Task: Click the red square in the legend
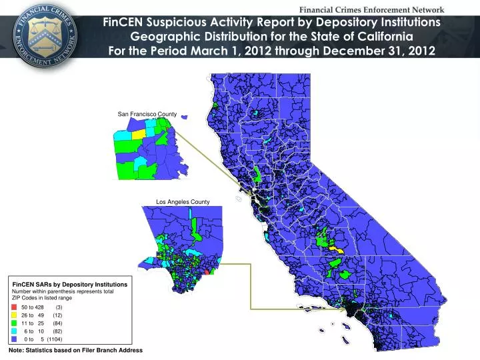[15, 307]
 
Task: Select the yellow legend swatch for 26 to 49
[15, 315]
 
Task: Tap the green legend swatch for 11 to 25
[15, 323]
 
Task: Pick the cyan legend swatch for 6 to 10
[15, 331]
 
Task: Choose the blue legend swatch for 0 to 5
[15, 339]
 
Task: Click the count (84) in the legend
[57, 323]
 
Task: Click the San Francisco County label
[147, 115]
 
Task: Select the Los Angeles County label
[183, 202]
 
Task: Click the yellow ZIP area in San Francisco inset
[139, 133]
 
